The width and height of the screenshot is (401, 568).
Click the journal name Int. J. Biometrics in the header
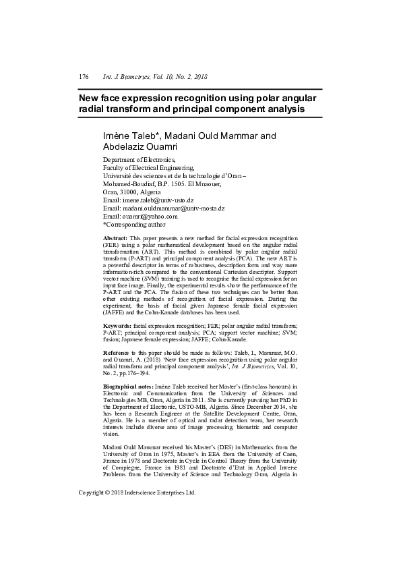tap(125, 78)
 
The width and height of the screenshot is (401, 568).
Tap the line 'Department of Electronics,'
tap(138, 161)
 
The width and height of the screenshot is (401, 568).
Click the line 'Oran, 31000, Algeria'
tap(132, 192)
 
